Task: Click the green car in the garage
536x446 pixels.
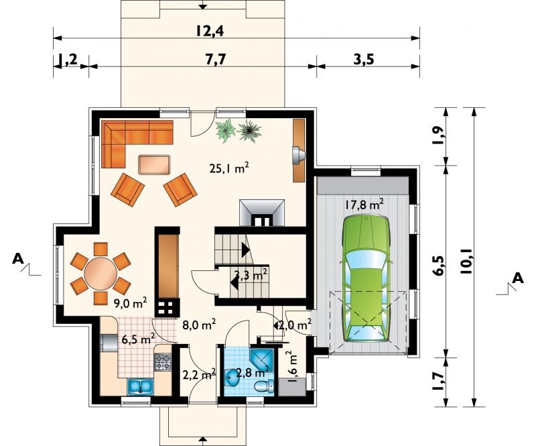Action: click(x=366, y=278)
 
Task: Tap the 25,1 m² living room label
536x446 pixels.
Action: click(x=228, y=168)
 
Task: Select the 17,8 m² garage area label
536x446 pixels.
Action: click(x=364, y=205)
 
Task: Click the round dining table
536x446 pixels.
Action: click(x=101, y=274)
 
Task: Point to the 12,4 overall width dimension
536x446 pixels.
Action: click(x=210, y=31)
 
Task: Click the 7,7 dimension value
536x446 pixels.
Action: click(x=216, y=59)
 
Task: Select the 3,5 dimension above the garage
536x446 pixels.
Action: click(x=363, y=59)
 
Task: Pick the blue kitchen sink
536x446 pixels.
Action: click(x=141, y=386)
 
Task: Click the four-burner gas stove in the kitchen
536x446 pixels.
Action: click(x=163, y=362)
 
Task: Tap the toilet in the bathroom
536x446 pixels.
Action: click(x=264, y=386)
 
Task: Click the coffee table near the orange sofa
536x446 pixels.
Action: click(x=154, y=164)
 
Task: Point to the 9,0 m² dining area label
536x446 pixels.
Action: click(x=130, y=303)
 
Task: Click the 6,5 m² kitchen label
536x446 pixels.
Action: click(x=139, y=339)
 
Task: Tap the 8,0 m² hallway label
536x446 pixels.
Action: click(x=199, y=324)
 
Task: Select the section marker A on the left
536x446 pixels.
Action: click(x=18, y=259)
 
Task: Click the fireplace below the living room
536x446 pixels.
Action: click(x=262, y=213)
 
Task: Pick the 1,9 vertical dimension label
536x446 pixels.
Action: click(x=440, y=135)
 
